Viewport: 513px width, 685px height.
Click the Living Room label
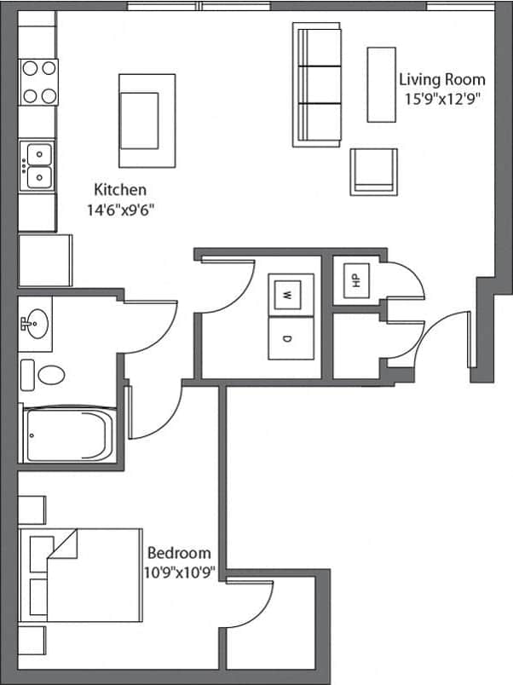click(441, 79)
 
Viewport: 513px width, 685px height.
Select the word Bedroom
click(179, 553)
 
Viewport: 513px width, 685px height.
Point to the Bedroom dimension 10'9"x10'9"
click(179, 572)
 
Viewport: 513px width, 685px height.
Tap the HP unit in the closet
click(352, 279)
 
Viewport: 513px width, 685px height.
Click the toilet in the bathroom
click(51, 375)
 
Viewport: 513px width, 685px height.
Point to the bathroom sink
click(36, 323)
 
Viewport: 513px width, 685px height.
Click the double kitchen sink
click(37, 165)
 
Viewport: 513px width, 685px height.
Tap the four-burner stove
click(38, 82)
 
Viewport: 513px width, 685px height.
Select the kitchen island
click(147, 120)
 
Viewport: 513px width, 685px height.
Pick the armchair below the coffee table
click(373, 170)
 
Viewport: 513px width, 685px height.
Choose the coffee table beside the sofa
click(382, 83)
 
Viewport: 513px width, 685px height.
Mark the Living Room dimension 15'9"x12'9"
click(441, 97)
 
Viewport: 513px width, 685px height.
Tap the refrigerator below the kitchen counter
click(37, 260)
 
